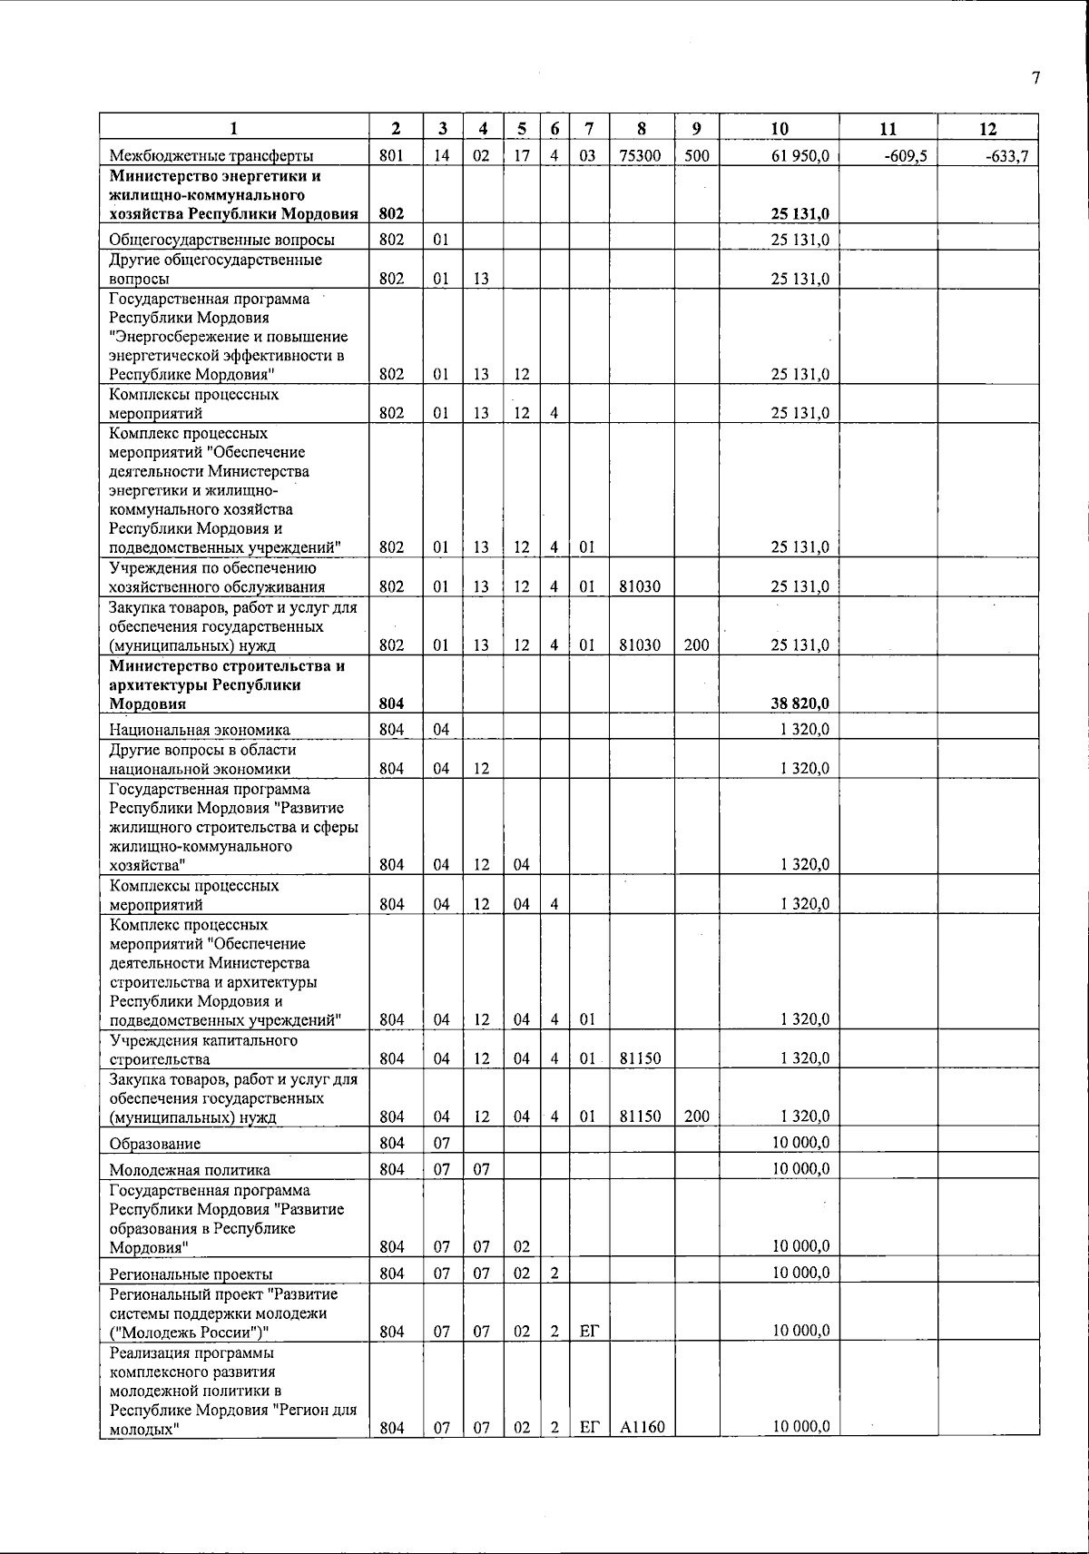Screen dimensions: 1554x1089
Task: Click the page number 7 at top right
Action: (x=1035, y=78)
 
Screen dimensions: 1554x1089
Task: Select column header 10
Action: (x=779, y=129)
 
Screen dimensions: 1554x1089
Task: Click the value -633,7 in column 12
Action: (x=1008, y=155)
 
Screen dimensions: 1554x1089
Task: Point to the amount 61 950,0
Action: (x=800, y=155)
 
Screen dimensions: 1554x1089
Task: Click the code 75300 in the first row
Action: (x=640, y=155)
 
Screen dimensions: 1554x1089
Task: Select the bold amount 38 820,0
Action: (x=800, y=703)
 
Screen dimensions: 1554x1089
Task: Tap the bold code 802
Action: (x=391, y=214)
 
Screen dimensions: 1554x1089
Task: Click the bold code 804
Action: (x=391, y=703)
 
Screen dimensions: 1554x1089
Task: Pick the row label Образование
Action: (x=154, y=1143)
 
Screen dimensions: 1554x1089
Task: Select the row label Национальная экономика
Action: (x=199, y=729)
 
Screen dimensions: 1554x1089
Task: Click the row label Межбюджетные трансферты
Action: (x=211, y=155)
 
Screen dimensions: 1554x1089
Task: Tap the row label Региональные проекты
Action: (x=190, y=1274)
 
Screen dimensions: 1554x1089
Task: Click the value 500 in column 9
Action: (x=696, y=155)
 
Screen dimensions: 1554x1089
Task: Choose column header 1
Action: (x=233, y=129)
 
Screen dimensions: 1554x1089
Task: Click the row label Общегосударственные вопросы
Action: (x=221, y=240)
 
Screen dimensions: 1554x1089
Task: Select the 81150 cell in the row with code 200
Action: (x=640, y=1116)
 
